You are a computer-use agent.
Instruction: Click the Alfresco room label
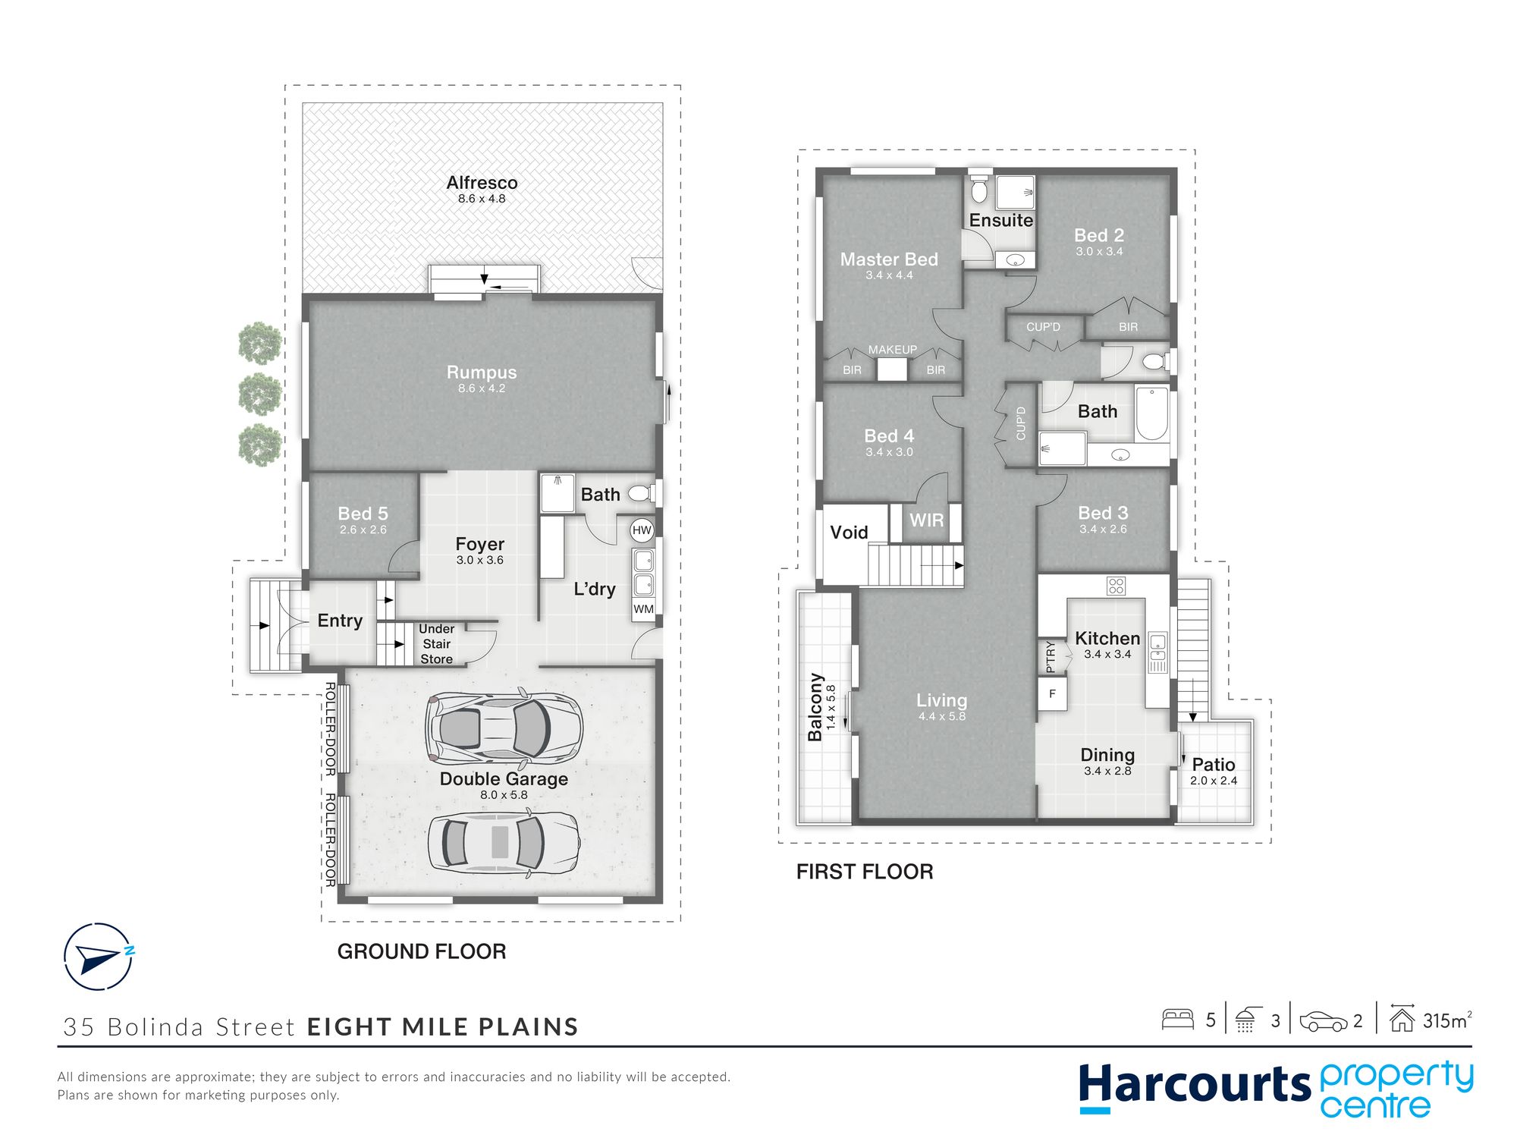(482, 183)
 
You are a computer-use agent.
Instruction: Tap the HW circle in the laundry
(642, 530)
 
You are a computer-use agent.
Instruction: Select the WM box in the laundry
(643, 608)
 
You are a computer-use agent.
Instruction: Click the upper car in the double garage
(504, 727)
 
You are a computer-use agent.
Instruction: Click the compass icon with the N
(99, 957)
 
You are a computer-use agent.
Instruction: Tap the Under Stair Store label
(437, 644)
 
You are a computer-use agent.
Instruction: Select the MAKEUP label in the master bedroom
(893, 350)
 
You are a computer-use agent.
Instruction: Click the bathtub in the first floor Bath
(1152, 413)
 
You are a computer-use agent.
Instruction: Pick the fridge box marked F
(1052, 693)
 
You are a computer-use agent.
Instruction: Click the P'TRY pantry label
(1051, 657)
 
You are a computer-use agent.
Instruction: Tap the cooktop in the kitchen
(1116, 586)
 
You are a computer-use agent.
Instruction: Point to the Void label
(849, 533)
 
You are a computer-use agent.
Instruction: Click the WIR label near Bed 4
(927, 520)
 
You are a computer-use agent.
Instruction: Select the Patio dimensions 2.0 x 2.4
(1214, 781)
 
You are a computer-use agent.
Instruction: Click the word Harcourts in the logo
(1195, 1085)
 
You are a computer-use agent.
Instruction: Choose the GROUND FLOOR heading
(422, 951)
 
